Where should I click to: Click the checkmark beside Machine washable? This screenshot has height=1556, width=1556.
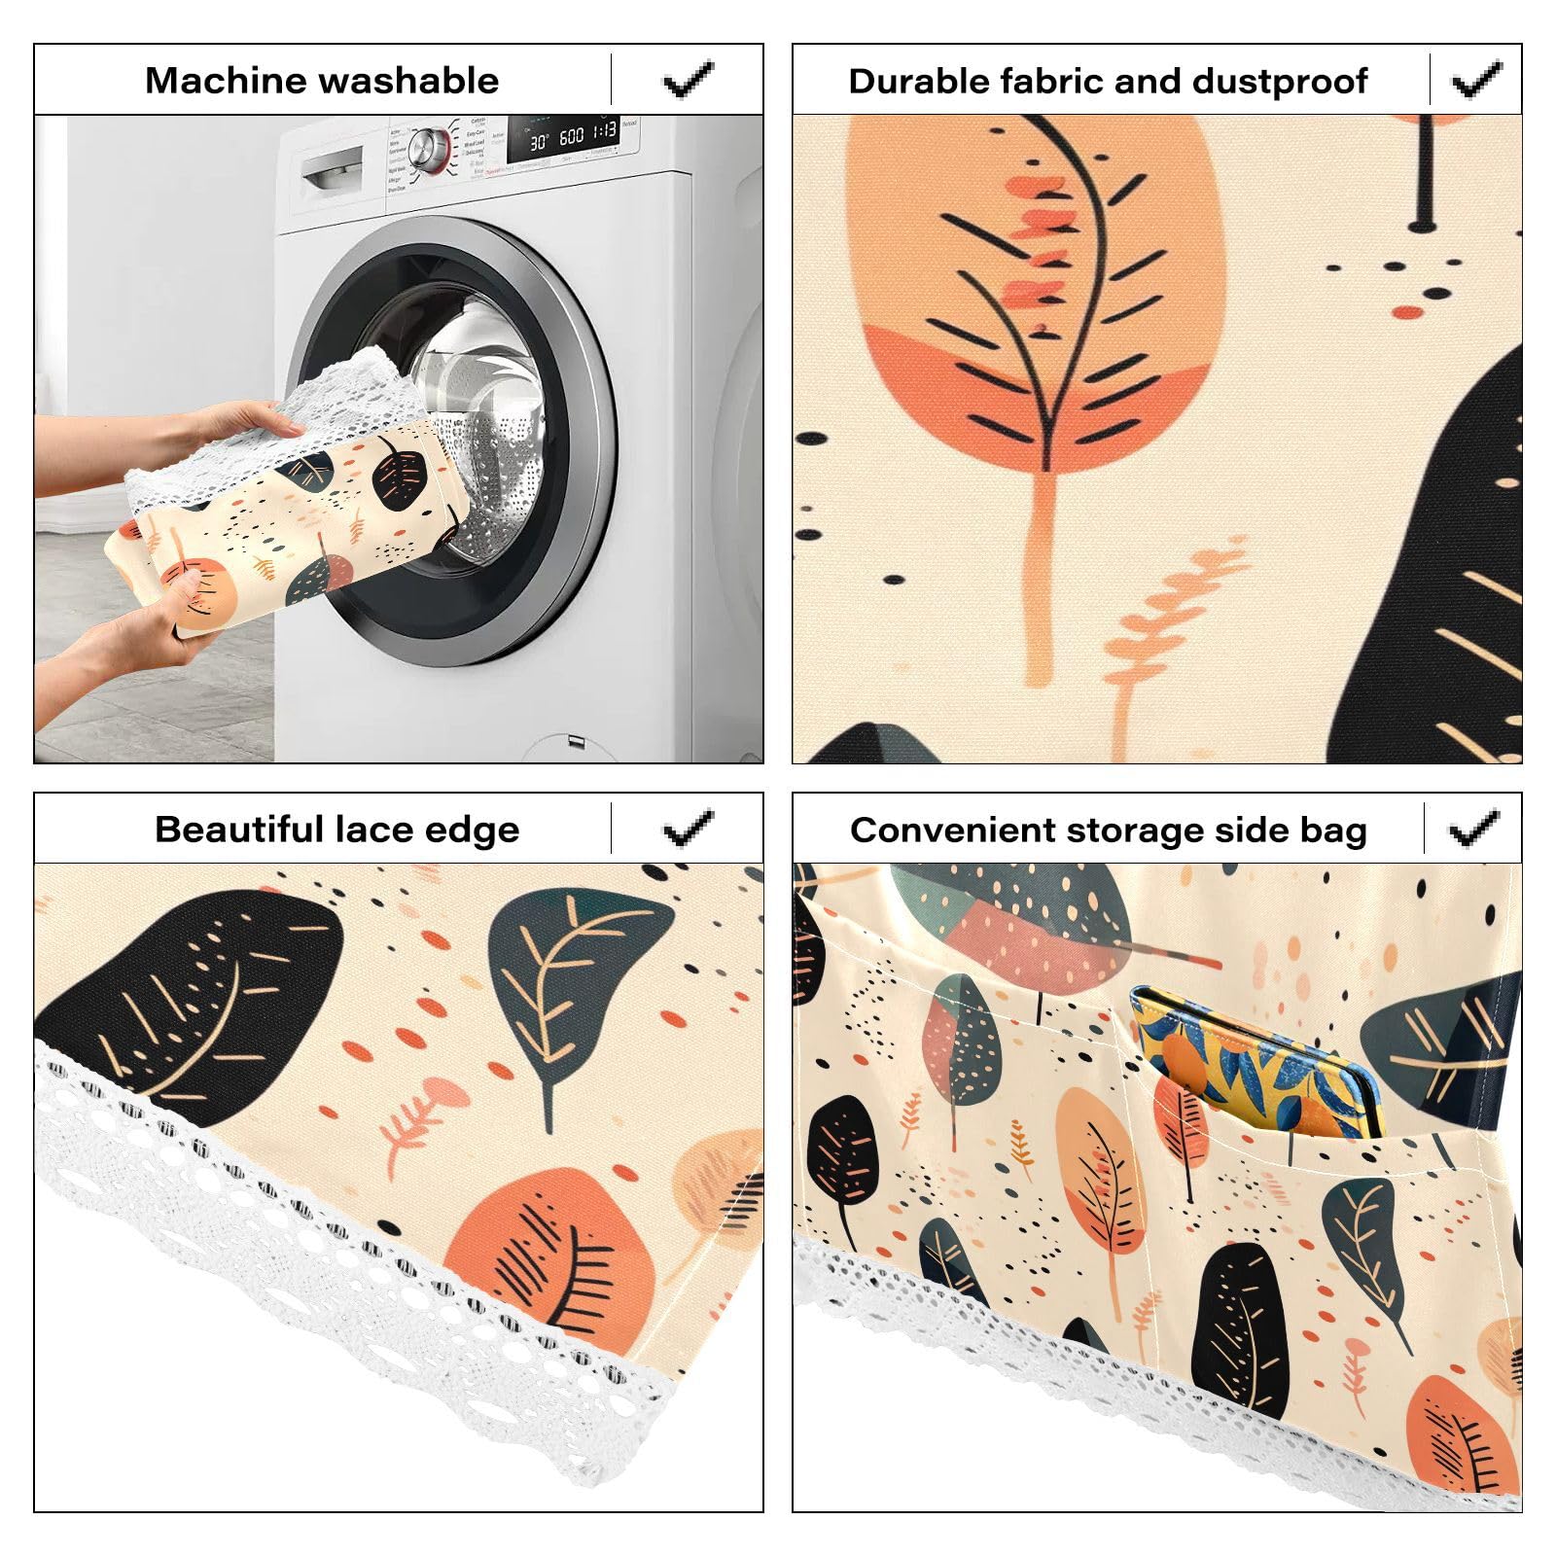689,80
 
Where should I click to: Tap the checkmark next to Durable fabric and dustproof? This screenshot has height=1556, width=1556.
1476,80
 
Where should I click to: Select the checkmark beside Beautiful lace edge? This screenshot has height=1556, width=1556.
689,829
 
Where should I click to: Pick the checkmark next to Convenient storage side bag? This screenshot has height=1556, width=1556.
1474,829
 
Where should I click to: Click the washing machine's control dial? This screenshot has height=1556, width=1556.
428,148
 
